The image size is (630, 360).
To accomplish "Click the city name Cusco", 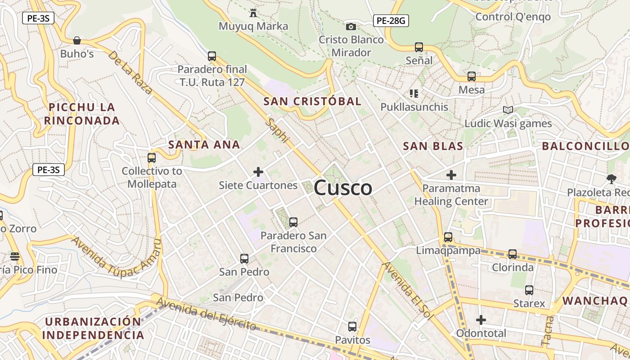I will click(x=343, y=188).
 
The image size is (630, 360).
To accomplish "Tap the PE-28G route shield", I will click(x=391, y=20).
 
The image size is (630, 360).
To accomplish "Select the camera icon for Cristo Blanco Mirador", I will click(x=351, y=27).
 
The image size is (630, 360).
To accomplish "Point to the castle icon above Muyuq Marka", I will click(x=253, y=13).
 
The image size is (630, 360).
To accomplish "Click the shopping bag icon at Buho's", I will click(x=77, y=40).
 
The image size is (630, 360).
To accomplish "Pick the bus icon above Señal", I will click(x=419, y=47).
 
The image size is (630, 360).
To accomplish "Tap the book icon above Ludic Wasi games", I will click(x=508, y=110).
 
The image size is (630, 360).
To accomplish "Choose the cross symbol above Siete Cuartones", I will click(x=258, y=171).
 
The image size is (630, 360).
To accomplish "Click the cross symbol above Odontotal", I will click(x=481, y=320).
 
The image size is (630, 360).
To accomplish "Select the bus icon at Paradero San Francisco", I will click(x=293, y=222).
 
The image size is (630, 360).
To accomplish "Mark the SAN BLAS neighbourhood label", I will click(x=433, y=146).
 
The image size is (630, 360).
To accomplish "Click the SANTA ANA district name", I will click(x=204, y=144).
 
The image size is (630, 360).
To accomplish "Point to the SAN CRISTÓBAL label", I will click(x=312, y=101).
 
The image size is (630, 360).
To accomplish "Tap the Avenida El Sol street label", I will click(x=407, y=290).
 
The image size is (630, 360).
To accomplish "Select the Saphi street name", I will click(x=276, y=130).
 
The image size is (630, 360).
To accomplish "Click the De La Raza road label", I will click(x=130, y=72).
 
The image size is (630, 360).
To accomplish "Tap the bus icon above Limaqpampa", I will click(x=448, y=237).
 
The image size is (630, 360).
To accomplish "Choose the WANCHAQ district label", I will click(x=595, y=301).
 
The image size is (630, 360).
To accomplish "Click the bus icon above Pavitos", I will click(x=352, y=327).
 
